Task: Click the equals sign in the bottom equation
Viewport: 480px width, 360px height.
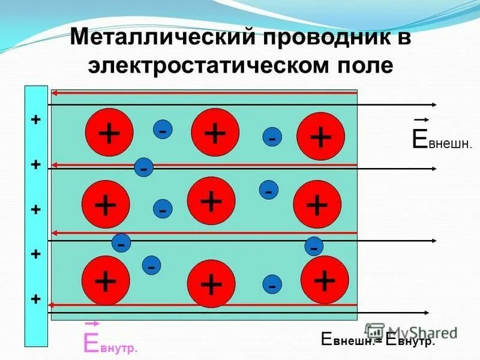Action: tap(380, 340)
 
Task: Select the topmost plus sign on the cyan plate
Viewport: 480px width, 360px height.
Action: tap(36, 120)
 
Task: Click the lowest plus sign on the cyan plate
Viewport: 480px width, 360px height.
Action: tap(36, 299)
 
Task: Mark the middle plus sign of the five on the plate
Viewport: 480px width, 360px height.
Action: tap(36, 209)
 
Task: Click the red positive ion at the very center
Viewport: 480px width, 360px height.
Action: tap(211, 201)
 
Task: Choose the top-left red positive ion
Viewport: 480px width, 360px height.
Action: tap(109, 133)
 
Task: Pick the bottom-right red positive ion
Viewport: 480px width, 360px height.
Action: tap(325, 280)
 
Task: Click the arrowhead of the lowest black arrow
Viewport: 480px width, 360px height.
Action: tap(425, 313)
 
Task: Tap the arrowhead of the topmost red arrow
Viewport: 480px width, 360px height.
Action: tap(54, 93)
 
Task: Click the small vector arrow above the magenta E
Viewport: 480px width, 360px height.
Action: tap(92, 323)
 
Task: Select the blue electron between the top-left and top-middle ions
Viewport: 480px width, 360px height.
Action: tap(163, 129)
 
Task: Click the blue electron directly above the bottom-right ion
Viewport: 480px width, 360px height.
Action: tap(313, 246)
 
